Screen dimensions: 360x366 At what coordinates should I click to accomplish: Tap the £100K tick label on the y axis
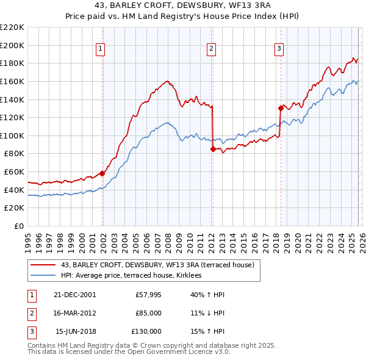click(x=12, y=135)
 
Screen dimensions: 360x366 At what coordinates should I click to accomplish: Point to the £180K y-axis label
click(x=12, y=63)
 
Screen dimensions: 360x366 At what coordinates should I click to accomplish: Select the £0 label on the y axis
click(x=18, y=226)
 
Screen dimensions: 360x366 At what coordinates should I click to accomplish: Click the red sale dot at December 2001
click(x=102, y=173)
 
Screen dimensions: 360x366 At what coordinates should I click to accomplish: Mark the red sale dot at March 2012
click(x=212, y=149)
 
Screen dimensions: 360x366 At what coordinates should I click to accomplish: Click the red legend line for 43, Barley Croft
click(x=43, y=265)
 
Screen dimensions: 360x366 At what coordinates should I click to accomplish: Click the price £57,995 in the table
click(x=148, y=295)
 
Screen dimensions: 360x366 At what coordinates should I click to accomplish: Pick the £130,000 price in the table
click(x=146, y=331)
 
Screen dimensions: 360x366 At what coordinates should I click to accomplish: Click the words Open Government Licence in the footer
click(x=172, y=352)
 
